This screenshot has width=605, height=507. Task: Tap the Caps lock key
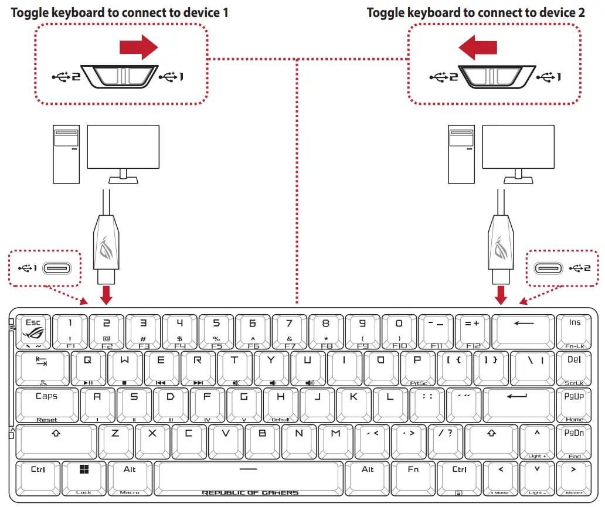(x=46, y=404)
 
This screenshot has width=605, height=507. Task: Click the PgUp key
(x=574, y=404)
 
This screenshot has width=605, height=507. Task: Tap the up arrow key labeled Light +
(x=537, y=441)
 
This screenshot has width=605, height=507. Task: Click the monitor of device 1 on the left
(x=123, y=150)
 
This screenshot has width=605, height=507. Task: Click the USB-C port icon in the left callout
(x=60, y=268)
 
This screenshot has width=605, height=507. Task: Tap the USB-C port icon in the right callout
(x=551, y=268)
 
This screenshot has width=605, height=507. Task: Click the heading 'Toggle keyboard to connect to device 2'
(x=475, y=12)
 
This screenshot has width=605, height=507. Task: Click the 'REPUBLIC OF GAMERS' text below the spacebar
(x=250, y=493)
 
